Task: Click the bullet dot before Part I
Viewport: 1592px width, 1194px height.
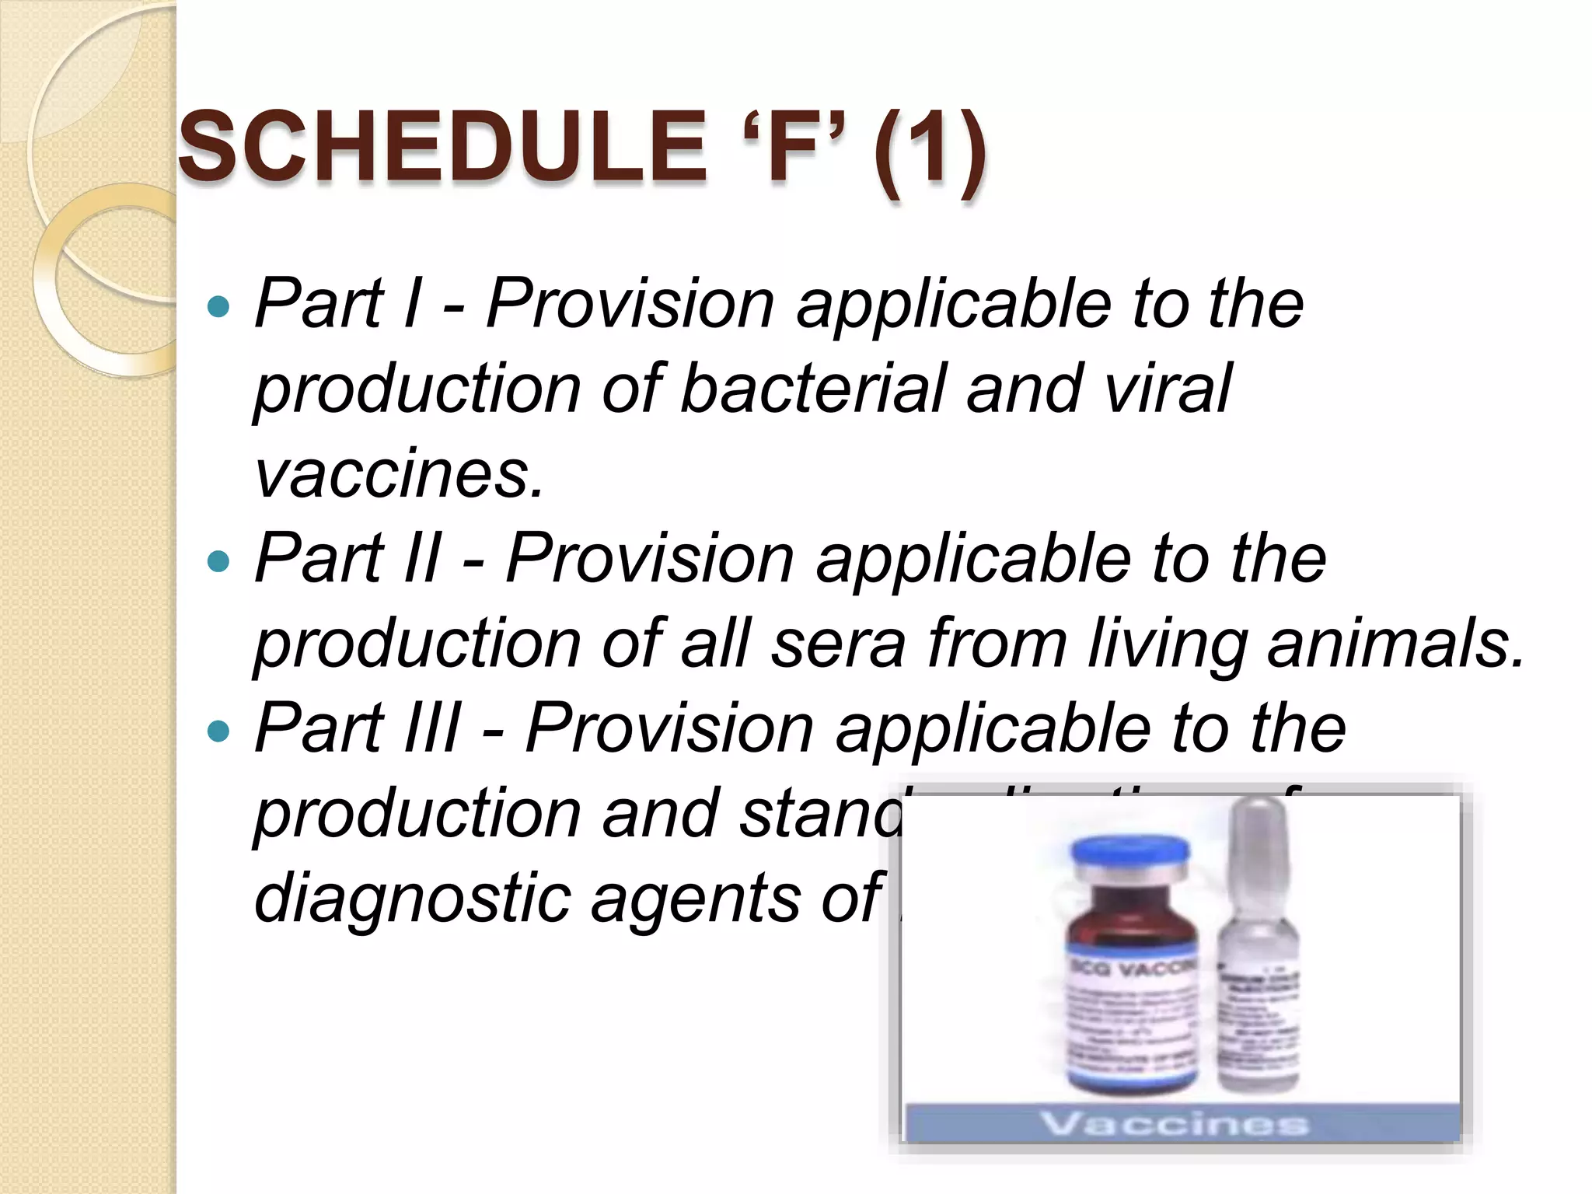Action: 220,305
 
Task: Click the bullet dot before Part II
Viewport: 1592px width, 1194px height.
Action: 220,560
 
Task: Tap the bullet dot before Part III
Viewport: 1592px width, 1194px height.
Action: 220,730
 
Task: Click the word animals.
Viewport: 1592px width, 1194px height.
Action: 1395,642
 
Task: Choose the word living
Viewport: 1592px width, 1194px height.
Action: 1166,642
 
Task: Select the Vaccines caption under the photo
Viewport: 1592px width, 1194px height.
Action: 1174,1123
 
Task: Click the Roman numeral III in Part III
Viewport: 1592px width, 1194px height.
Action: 432,728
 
